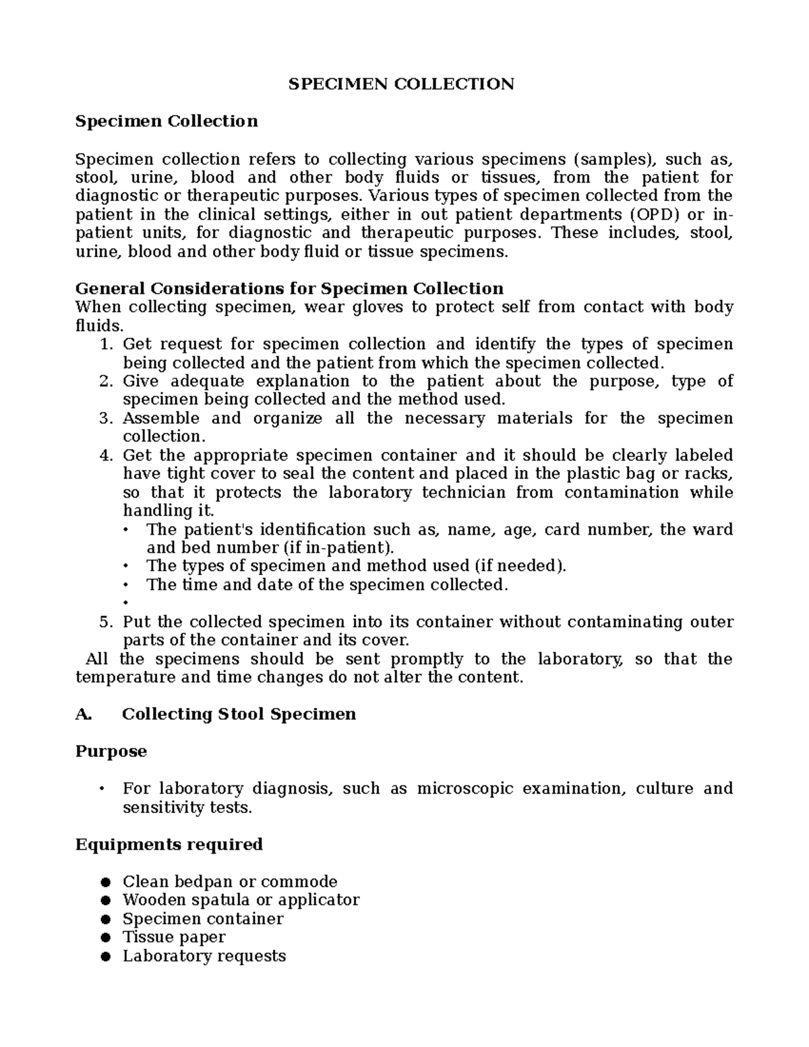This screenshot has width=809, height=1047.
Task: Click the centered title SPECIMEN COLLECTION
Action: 401,84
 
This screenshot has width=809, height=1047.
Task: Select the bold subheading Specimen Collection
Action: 167,121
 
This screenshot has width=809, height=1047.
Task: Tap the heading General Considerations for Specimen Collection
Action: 289,289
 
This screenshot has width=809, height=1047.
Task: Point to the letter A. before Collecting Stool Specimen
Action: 83,715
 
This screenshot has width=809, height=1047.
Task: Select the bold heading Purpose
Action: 111,752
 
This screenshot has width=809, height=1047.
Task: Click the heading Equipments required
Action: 169,845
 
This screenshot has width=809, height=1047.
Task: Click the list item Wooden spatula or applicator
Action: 241,900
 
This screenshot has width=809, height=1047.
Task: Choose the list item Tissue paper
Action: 173,937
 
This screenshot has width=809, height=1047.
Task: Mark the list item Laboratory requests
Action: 204,956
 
